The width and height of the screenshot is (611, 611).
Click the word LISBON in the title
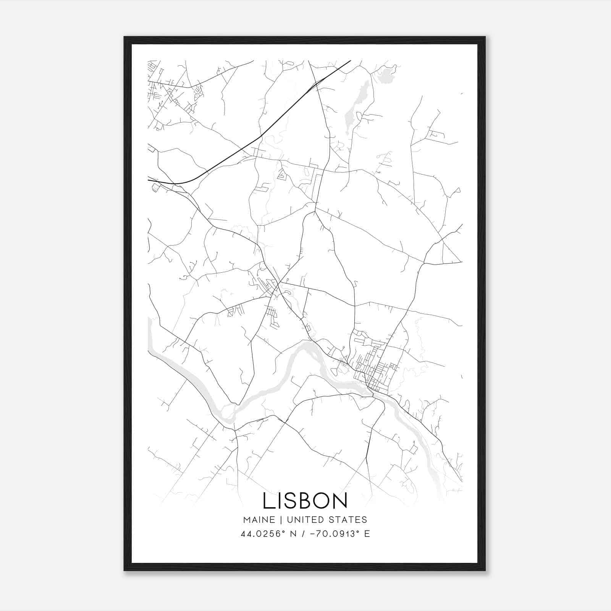point(305,501)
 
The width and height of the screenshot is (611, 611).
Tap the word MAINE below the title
point(259,519)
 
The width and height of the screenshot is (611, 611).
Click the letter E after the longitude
point(367,534)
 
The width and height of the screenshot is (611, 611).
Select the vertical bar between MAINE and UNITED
point(281,519)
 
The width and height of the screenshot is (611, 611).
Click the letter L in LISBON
point(267,501)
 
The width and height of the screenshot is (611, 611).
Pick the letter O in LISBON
point(320,501)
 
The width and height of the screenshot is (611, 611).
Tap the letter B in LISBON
point(304,501)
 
